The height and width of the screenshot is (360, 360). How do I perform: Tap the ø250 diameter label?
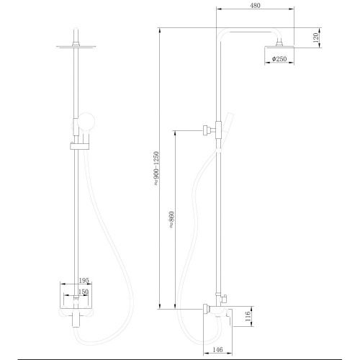point(279,59)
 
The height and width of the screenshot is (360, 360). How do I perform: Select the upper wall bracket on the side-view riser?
point(207,130)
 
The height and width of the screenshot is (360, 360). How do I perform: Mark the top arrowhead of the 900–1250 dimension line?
point(160,30)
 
